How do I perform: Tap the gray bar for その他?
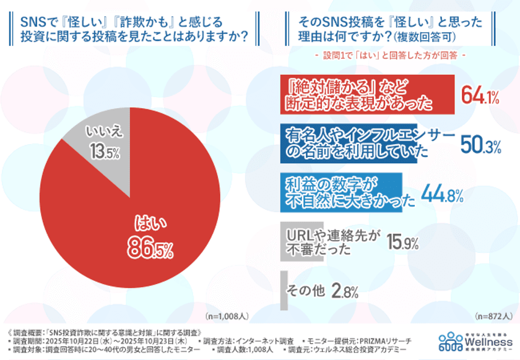284,290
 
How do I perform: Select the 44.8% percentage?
442,194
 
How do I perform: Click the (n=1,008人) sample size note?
228,316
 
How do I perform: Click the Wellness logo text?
491,340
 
